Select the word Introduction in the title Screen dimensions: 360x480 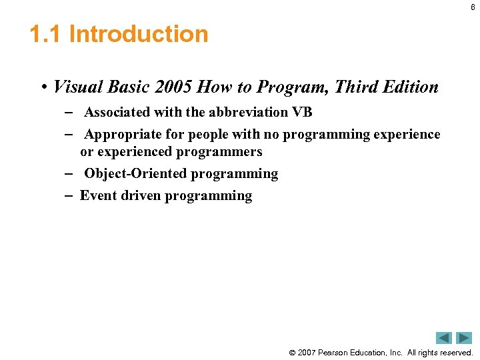(139, 34)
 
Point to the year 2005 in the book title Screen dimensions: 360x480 (173, 87)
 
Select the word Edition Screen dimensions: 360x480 (411, 87)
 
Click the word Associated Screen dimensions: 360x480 (117, 112)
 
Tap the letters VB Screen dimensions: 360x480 (302, 112)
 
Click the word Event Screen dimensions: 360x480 (98, 196)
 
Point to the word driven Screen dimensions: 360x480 (141, 196)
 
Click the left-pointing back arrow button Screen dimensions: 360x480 (444, 337)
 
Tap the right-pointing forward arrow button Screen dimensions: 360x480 (464, 337)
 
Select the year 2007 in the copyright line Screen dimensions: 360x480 (307, 353)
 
